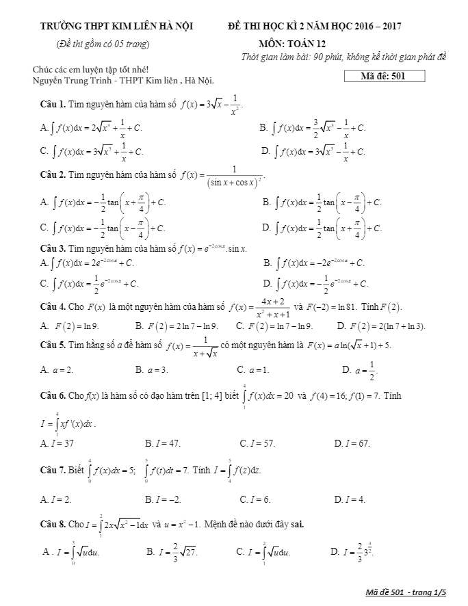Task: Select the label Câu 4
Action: pyautogui.click(x=53, y=306)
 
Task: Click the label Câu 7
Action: pyautogui.click(x=53, y=471)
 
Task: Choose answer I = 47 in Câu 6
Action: pyautogui.click(x=163, y=443)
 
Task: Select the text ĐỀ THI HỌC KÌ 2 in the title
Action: pyautogui.click(x=264, y=27)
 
